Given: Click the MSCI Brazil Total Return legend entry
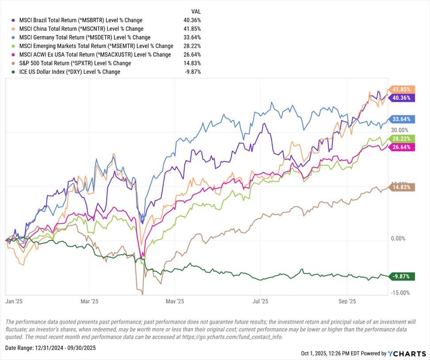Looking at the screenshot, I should (x=77, y=20).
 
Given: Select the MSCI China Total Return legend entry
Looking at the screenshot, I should (x=77, y=29).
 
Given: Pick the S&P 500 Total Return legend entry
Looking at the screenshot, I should (x=72, y=63).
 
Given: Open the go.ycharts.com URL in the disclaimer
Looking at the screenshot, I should (x=229, y=337).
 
